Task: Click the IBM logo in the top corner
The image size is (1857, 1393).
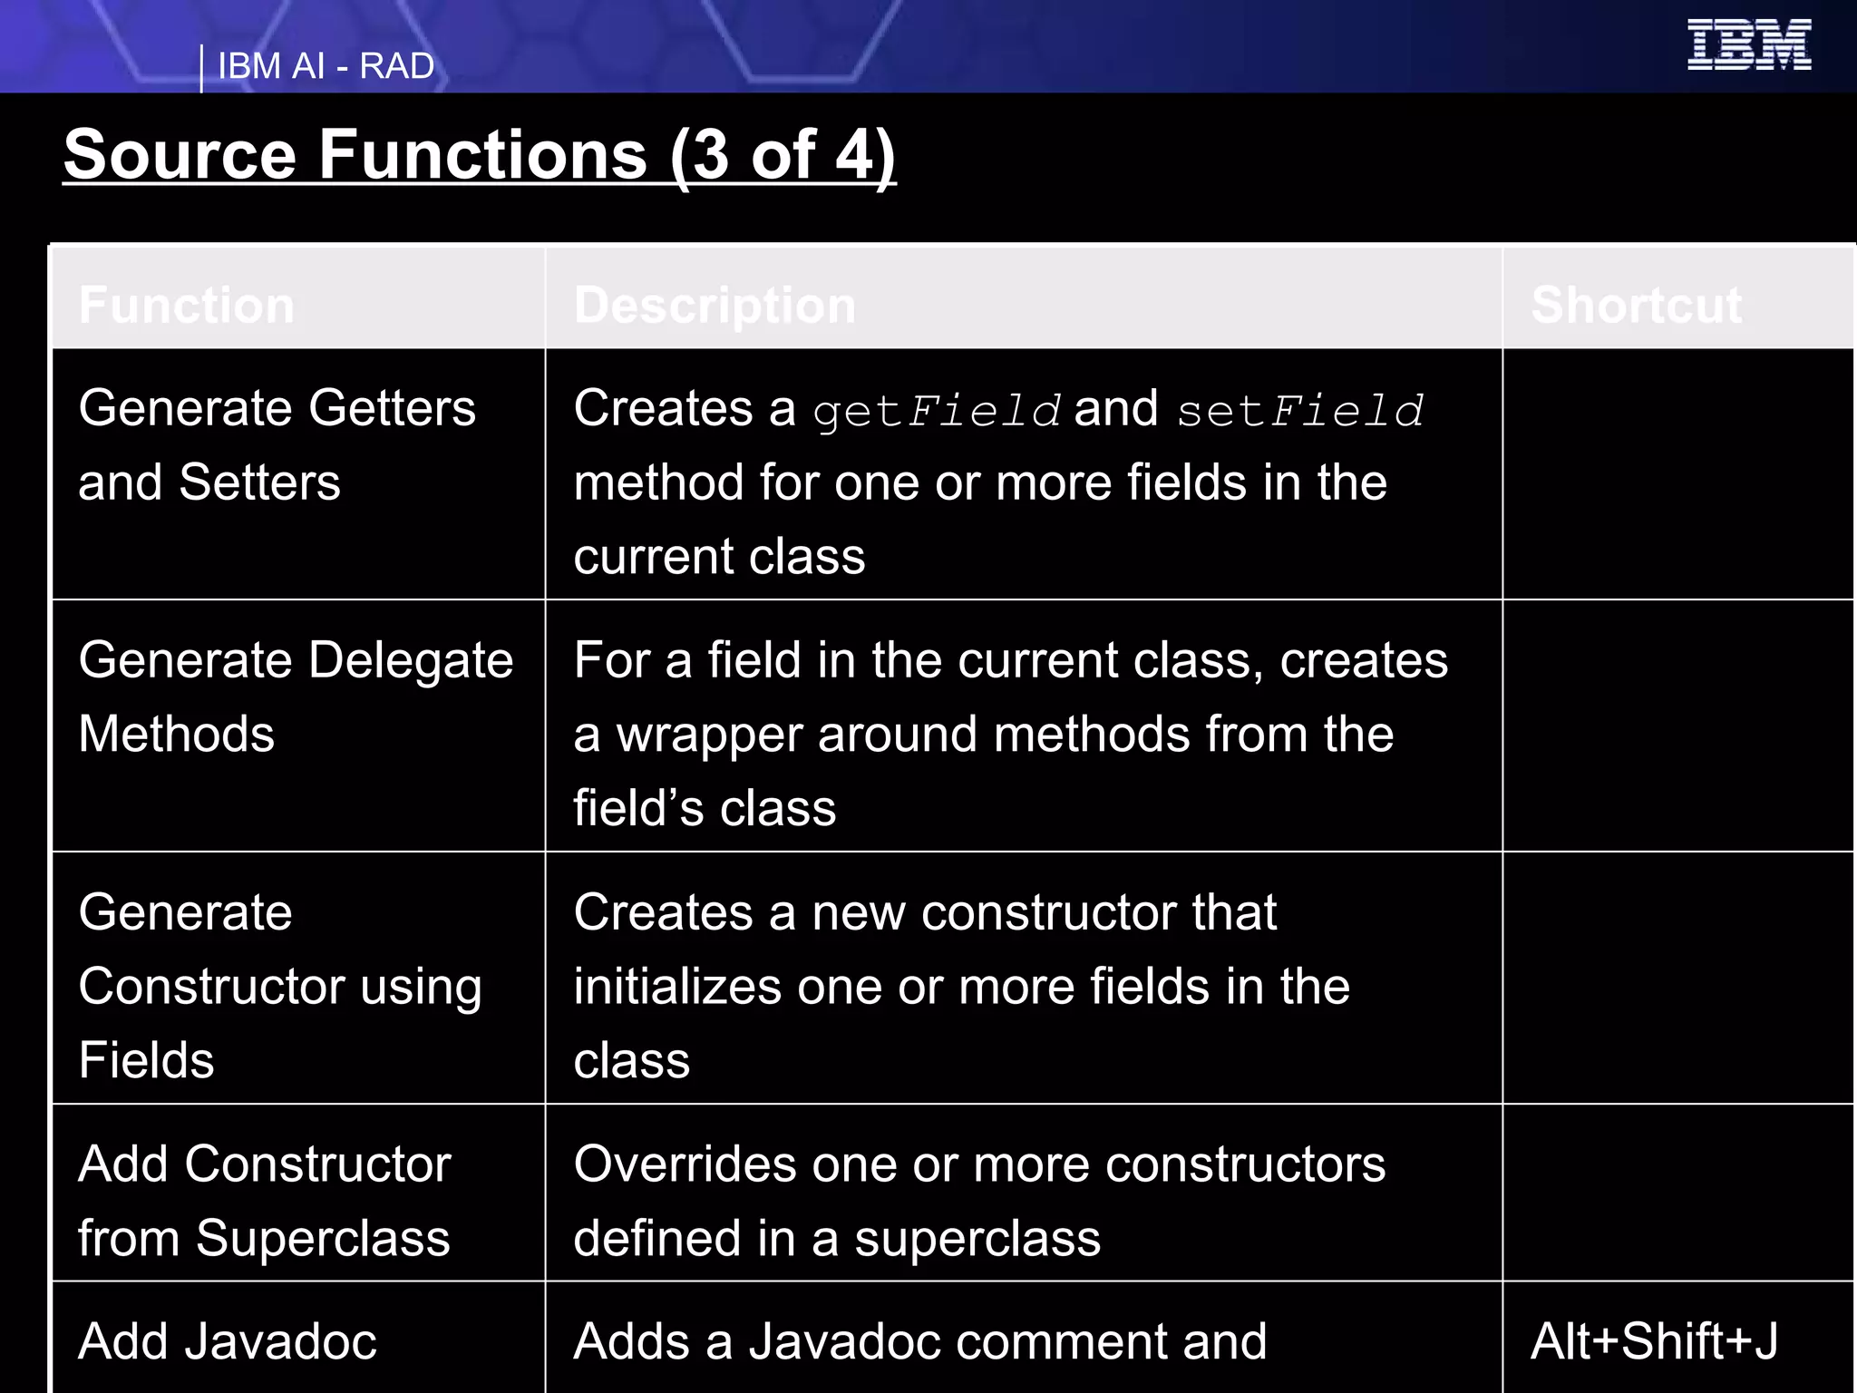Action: click(1748, 45)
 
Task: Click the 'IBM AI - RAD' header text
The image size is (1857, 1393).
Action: click(326, 66)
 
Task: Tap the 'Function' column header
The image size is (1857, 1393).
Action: click(187, 305)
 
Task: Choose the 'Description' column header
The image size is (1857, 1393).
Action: click(715, 305)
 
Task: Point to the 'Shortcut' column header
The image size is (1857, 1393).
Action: click(1636, 305)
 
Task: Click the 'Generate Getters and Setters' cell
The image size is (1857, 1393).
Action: click(277, 444)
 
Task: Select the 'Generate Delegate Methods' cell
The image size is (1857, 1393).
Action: click(296, 696)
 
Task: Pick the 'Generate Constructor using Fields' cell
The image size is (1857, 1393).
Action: click(279, 985)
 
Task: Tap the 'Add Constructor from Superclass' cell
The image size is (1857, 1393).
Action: click(264, 1201)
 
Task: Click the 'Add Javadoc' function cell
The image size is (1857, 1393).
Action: click(228, 1341)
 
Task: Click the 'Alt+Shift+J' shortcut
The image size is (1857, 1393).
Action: click(1654, 1341)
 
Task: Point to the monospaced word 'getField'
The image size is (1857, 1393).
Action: click(937, 411)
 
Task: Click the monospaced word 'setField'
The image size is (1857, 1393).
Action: click(1300, 411)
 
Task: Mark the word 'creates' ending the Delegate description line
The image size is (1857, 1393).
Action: click(1364, 660)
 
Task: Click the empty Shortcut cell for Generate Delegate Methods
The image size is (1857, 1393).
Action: click(1677, 726)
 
